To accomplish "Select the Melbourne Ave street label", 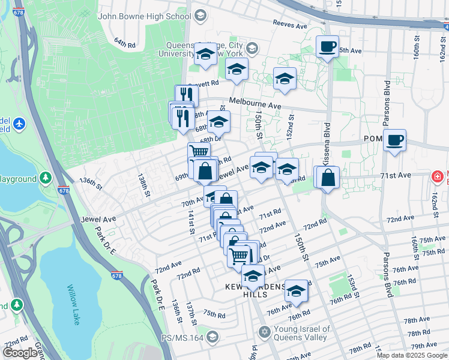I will coord(255,104).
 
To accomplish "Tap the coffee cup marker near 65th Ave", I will coord(327,47).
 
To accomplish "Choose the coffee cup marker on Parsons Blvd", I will coord(394,141).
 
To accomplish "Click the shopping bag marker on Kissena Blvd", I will coord(328,178).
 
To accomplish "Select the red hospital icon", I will coord(438,176).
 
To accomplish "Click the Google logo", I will coord(20,353).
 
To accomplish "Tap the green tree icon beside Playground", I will coord(46,178).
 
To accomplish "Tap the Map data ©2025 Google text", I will coord(412,355).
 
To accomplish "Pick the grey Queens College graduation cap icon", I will coord(252,48).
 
